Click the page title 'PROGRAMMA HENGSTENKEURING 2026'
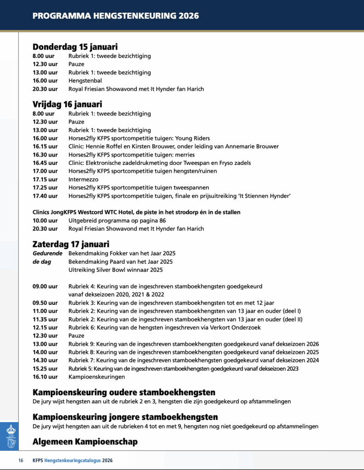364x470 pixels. [116, 16]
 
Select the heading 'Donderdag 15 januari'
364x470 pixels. [75, 46]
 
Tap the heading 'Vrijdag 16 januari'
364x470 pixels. [67, 104]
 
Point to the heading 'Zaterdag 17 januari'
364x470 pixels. [71, 244]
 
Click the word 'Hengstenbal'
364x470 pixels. [85, 81]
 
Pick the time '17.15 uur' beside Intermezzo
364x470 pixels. [45, 179]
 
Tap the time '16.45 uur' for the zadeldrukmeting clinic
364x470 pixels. [45, 163]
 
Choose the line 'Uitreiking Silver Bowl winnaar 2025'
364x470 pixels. [116, 270]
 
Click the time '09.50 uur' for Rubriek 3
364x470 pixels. [45, 303]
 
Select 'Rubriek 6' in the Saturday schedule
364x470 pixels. [81, 328]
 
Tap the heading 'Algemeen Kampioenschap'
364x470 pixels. [85, 442]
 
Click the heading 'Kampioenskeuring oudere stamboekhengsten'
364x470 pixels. [124, 392]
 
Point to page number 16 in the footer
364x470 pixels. [21, 460]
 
